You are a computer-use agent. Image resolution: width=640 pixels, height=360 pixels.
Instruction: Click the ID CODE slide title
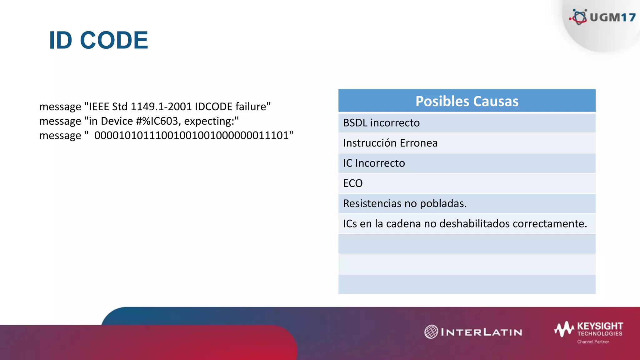[98, 40]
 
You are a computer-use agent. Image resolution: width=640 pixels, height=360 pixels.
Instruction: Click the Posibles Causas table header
[467, 101]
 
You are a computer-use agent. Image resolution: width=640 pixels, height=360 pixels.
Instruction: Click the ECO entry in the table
[353, 183]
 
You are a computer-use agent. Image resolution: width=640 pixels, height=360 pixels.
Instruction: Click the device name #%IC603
[158, 121]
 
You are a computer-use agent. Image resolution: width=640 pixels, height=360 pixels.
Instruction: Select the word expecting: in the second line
[212, 121]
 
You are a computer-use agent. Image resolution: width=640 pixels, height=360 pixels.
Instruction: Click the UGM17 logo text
[612, 17]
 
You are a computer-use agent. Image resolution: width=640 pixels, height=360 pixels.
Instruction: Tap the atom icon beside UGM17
[579, 17]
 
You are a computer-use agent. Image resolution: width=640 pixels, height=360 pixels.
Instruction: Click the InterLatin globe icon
[431, 332]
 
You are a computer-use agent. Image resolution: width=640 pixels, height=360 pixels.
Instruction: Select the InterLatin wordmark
[482, 332]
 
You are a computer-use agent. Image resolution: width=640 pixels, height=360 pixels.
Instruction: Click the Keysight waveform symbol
[564, 329]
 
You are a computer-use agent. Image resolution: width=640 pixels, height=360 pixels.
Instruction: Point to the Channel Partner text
[593, 342]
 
